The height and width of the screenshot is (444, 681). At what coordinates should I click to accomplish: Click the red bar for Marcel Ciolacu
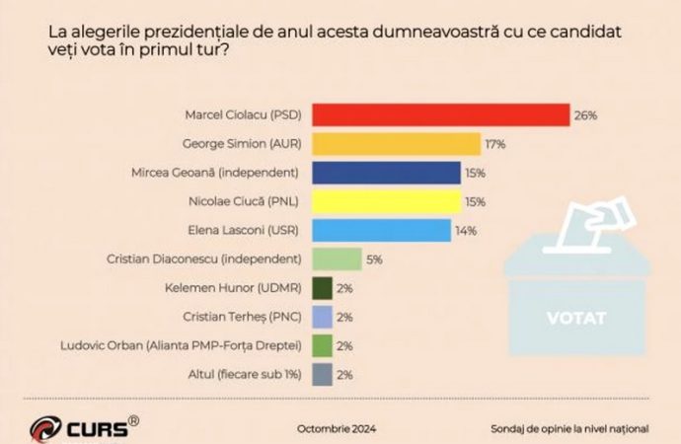441,114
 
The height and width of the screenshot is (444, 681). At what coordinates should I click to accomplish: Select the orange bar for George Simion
396,144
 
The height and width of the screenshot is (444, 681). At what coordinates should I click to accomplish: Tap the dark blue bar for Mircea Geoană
386,174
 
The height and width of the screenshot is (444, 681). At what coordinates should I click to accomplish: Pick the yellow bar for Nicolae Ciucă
386,202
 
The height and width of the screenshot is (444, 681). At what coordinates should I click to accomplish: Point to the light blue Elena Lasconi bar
381,231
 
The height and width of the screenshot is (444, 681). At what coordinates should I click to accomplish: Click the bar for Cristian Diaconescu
337,259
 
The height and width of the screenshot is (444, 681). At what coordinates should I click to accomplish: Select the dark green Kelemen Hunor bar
321,288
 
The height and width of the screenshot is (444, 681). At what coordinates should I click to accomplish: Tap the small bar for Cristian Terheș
321,317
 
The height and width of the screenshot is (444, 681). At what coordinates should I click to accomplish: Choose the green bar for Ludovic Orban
321,345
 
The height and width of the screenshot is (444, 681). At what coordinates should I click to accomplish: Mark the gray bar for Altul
321,374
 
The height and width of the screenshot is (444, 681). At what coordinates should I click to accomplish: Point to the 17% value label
495,144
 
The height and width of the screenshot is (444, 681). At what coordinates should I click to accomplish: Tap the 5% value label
375,259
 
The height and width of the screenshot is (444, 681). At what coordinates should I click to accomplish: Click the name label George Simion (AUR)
242,144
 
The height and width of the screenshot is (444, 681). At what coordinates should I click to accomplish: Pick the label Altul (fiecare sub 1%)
243,374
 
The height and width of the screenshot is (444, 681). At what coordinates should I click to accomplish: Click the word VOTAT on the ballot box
577,319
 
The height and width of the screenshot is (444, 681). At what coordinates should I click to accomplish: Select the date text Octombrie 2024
337,429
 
